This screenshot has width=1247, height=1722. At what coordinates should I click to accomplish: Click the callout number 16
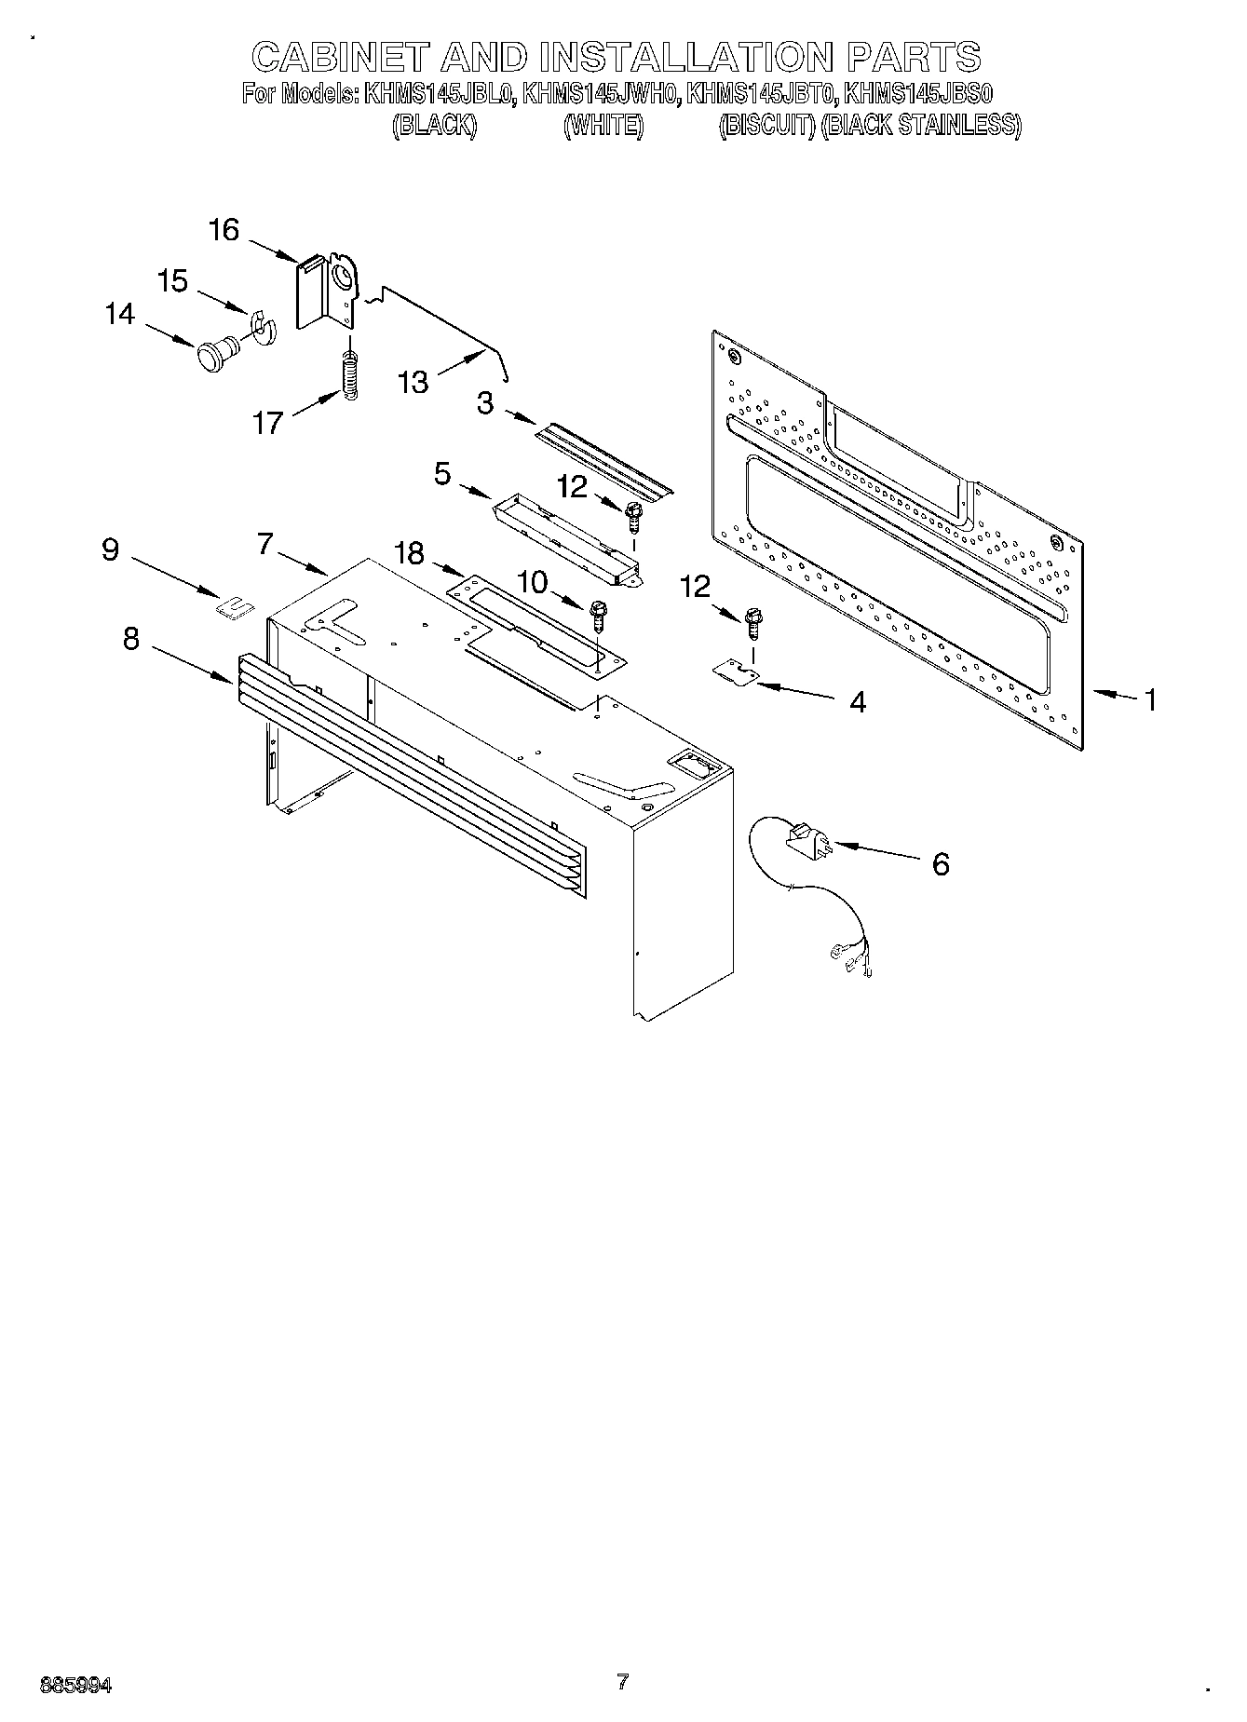224,230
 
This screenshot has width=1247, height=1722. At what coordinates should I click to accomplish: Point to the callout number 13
413,382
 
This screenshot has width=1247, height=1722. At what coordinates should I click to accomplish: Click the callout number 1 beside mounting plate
1151,699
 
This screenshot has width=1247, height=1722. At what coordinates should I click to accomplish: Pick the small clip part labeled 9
235,608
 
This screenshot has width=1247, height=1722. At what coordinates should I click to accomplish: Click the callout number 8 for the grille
131,639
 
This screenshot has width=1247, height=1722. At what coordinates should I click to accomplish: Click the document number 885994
76,1684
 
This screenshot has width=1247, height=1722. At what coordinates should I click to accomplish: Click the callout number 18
409,554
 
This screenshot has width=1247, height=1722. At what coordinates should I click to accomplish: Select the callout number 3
485,404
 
